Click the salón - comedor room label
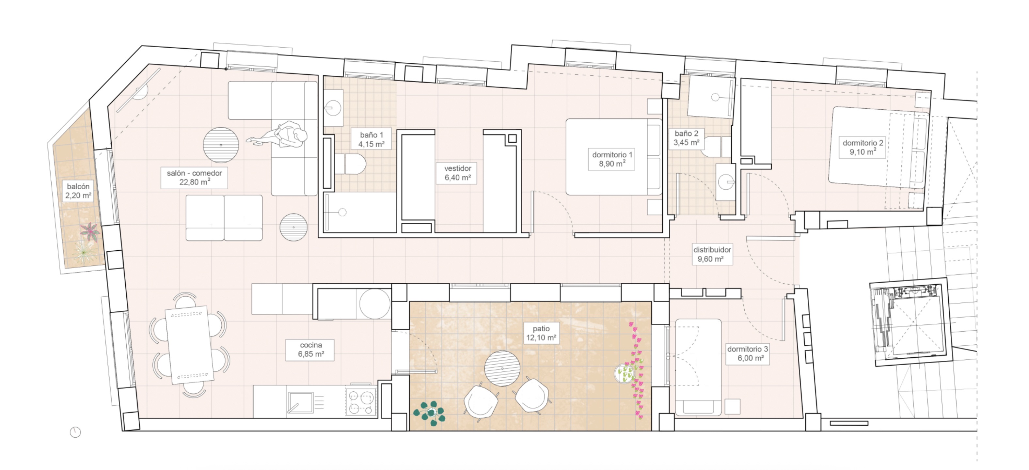194,178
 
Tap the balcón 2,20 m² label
78,191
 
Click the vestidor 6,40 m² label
458,173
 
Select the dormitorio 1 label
611,159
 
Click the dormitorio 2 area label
863,147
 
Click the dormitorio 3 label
747,353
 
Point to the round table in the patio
502,368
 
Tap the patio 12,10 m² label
541,333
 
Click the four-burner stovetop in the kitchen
361,402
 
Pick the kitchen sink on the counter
300,402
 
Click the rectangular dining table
190,345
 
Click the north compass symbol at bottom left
75,432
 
